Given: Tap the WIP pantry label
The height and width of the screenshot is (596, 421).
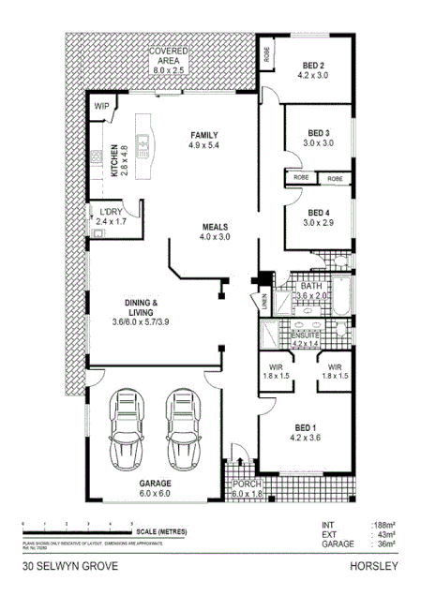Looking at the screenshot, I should [99, 106].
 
